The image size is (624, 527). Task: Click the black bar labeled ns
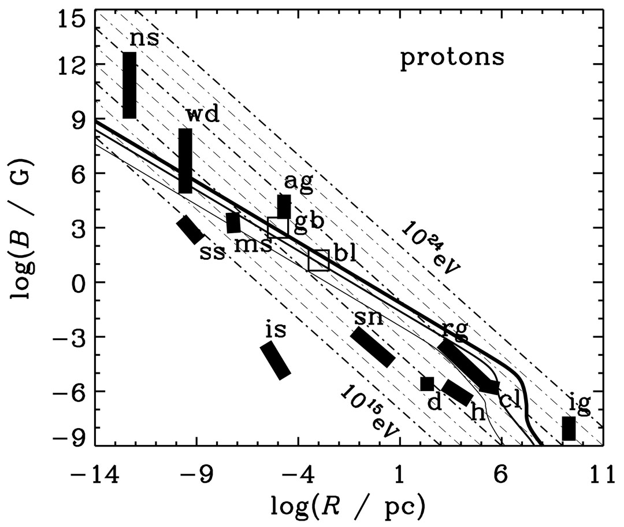[x=129, y=85]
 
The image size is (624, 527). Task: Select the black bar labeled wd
[x=185, y=161]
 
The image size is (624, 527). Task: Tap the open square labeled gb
[x=278, y=227]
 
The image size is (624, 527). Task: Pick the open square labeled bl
[x=318, y=260]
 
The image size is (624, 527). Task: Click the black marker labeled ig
[x=569, y=429]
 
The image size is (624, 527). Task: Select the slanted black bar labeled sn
[x=373, y=347]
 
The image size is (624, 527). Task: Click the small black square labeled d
[x=427, y=384]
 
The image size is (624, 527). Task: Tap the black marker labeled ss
[x=190, y=230]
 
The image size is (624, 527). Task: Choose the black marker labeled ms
[x=233, y=223]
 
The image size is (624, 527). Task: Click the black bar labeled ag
[x=284, y=207]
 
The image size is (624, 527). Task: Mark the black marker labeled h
[x=458, y=393]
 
